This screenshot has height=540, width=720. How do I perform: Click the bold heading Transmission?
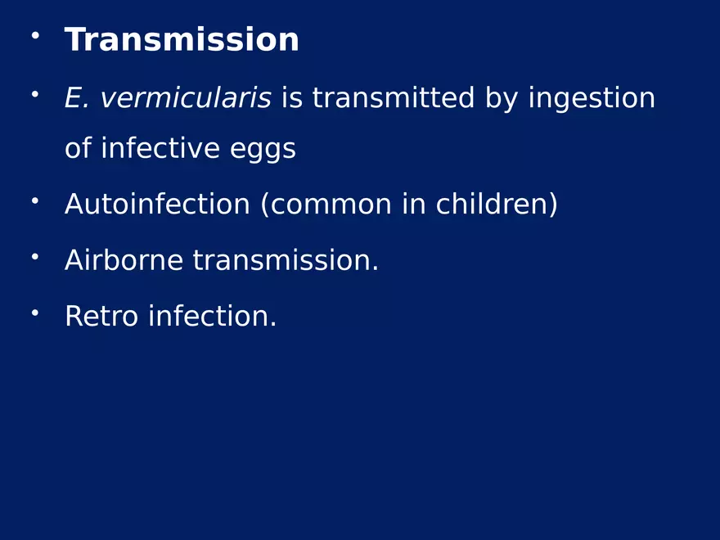pyautogui.click(x=182, y=40)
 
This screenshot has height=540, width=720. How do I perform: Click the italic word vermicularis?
pyautogui.click(x=186, y=99)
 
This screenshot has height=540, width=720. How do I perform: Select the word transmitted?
pyautogui.click(x=394, y=99)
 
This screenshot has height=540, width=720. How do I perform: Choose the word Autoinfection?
pyautogui.click(x=157, y=205)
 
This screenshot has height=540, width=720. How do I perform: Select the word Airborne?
pyautogui.click(x=124, y=261)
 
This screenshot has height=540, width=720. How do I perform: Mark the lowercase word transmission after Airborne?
pyautogui.click(x=285, y=261)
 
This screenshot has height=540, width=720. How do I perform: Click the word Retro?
pyautogui.click(x=101, y=316)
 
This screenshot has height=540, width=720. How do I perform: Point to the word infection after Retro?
pyautogui.click(x=211, y=316)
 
